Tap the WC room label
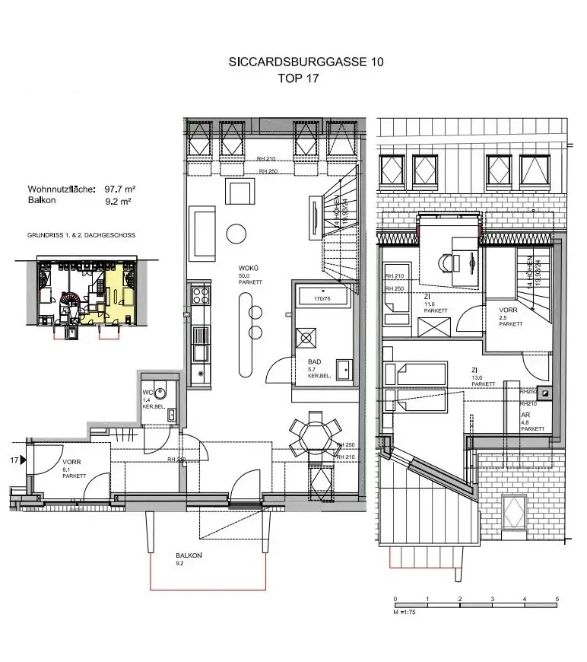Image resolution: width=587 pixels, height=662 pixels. pos(148,393)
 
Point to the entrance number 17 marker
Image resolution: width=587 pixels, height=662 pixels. pos(14,460)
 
